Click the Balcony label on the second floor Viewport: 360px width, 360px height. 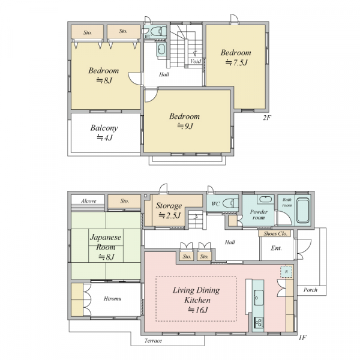click(x=104, y=128)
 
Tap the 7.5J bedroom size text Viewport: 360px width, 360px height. click(x=237, y=62)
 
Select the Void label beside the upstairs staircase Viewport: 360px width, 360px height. click(x=196, y=61)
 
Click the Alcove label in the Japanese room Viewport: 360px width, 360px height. click(x=89, y=201)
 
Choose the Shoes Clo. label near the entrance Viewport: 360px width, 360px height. click(x=275, y=234)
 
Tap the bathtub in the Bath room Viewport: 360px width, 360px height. click(x=303, y=211)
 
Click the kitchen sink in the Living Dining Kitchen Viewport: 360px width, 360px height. click(x=259, y=298)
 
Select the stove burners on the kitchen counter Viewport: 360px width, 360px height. click(x=259, y=322)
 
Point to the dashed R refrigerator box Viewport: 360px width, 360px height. click(x=287, y=272)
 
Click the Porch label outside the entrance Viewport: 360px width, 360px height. click(x=310, y=290)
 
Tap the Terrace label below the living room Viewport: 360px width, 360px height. click(x=153, y=341)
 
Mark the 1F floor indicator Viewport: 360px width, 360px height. click(x=302, y=337)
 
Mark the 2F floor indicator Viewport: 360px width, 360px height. click(x=267, y=118)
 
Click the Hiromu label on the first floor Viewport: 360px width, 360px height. click(x=113, y=299)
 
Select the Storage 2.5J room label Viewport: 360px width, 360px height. click(x=169, y=210)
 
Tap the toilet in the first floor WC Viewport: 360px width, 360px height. click(x=230, y=203)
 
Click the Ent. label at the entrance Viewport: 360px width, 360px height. click(x=276, y=248)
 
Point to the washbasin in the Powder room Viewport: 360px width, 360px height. click(x=266, y=199)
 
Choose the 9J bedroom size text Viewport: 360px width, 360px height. click(x=185, y=126)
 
